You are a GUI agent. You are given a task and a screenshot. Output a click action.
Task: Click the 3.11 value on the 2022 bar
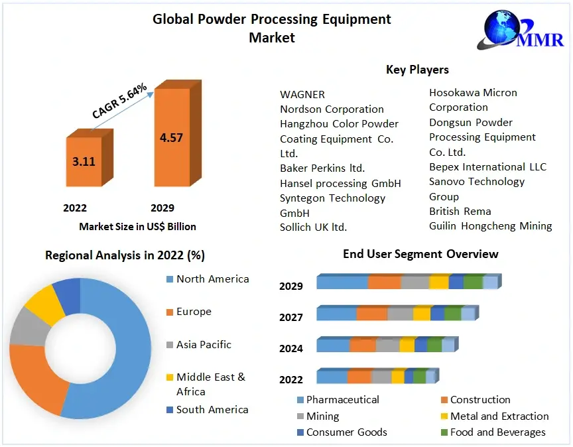[x=83, y=160]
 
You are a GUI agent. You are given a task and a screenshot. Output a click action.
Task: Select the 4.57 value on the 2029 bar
[x=171, y=138]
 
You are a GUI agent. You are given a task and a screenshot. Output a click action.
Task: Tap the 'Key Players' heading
[x=417, y=70]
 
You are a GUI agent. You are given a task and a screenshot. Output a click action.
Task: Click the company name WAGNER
[x=302, y=94]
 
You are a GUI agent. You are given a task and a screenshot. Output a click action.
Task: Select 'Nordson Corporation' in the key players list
[x=332, y=109]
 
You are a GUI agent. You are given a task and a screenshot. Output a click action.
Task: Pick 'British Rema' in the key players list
[x=460, y=211]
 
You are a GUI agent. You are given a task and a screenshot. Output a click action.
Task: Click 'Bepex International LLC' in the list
[x=487, y=166]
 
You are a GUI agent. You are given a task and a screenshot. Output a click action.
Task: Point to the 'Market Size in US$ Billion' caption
[x=137, y=226]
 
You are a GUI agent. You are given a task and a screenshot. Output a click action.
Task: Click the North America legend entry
[x=212, y=279]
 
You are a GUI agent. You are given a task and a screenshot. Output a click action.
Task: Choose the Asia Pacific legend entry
[x=204, y=344]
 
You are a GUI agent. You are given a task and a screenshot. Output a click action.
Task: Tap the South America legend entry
[x=212, y=409]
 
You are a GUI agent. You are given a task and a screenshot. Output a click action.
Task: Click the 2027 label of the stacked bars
[x=291, y=318]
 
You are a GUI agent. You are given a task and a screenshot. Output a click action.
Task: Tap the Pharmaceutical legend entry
[x=342, y=400]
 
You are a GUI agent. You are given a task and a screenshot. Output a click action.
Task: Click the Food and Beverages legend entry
[x=497, y=432]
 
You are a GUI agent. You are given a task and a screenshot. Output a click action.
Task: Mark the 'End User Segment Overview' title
[x=420, y=254]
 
